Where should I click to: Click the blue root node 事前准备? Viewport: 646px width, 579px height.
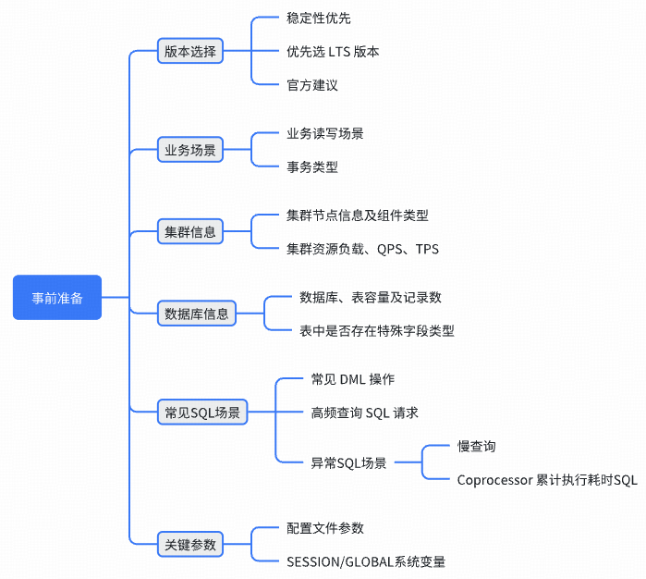tap(56, 298)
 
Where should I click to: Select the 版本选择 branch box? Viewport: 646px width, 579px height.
tap(190, 52)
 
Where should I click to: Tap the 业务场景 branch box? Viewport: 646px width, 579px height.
tap(190, 150)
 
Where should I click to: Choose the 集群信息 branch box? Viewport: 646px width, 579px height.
tap(190, 232)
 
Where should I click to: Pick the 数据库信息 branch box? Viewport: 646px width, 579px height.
tap(196, 314)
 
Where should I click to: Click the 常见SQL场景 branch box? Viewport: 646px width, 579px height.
tap(202, 413)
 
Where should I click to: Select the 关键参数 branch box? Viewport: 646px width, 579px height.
tap(190, 545)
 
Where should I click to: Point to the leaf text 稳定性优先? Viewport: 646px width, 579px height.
tap(319, 18)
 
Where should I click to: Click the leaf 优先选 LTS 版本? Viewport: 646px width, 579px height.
tap(333, 52)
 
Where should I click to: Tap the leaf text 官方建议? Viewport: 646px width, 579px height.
tap(312, 85)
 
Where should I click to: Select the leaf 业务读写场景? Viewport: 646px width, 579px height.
tap(325, 133)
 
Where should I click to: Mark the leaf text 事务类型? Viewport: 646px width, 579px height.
tap(312, 167)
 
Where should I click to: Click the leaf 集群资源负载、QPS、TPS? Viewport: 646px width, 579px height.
tap(363, 249)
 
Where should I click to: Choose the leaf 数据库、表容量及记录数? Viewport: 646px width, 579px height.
tap(371, 298)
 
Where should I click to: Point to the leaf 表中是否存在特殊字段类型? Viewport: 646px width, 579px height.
tap(377, 331)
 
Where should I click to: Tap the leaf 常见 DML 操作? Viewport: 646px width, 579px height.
tap(353, 379)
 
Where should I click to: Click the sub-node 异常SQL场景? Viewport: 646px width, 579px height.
tap(349, 462)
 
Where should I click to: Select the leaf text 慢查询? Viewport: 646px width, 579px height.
tap(477, 446)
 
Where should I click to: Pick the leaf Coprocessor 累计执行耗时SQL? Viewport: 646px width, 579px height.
tap(547, 480)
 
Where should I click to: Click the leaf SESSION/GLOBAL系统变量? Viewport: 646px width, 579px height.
tap(367, 561)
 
